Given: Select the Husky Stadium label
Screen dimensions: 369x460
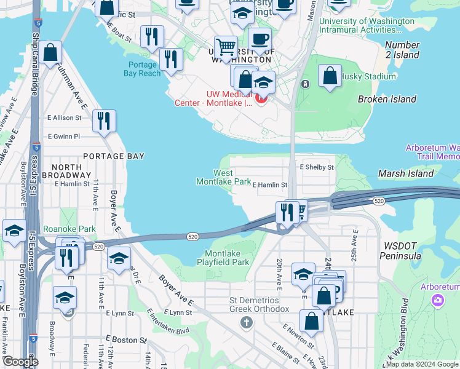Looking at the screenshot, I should click(370, 77).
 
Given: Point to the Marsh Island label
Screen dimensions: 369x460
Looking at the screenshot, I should click(406, 173).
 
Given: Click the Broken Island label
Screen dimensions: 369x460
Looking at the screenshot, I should click(387, 99).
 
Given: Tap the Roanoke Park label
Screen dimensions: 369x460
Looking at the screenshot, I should click(69, 229).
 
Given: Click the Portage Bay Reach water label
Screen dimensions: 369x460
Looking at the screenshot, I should click(143, 69).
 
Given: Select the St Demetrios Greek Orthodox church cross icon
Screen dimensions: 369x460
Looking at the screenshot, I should click(246, 322).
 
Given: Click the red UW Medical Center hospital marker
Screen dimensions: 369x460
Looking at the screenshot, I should click(261, 97).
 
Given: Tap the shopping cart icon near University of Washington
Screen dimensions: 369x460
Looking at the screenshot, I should click(226, 46).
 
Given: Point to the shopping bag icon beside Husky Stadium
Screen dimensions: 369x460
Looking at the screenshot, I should click(330, 76).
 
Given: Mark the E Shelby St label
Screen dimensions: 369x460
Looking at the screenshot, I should click(316, 167).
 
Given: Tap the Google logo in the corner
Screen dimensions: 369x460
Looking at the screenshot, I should click(20, 362).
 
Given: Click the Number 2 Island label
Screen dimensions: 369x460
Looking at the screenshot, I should click(402, 50).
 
